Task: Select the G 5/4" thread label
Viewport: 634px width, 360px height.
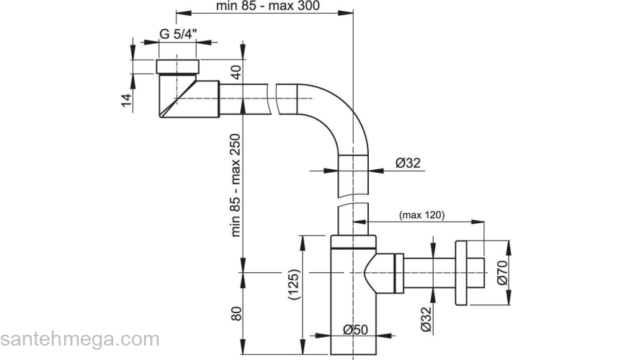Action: coord(179,34)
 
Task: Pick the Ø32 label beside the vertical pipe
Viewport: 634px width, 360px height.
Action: coord(407,163)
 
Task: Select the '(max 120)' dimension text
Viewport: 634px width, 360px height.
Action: coord(421,215)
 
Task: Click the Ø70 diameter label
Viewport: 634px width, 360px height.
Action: coord(503,274)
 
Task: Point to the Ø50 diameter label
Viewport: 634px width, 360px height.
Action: coord(356,329)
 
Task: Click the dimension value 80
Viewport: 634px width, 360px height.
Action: coord(236,313)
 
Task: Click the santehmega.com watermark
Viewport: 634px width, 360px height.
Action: coord(79,339)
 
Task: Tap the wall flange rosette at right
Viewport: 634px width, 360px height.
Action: coord(468,273)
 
